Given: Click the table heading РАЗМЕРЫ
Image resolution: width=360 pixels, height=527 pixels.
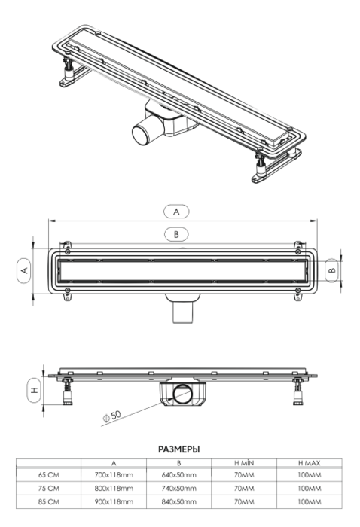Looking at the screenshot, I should [x=178, y=449].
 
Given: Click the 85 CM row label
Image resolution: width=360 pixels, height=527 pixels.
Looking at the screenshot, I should [x=47, y=500].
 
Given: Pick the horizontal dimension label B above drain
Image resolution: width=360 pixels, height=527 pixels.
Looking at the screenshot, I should [x=176, y=234].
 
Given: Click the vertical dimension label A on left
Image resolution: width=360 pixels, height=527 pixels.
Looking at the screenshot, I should [x=23, y=269].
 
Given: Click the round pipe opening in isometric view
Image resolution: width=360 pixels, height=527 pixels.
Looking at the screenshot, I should [x=143, y=136].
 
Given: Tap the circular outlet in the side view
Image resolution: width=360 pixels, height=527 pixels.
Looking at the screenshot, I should [x=182, y=394].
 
